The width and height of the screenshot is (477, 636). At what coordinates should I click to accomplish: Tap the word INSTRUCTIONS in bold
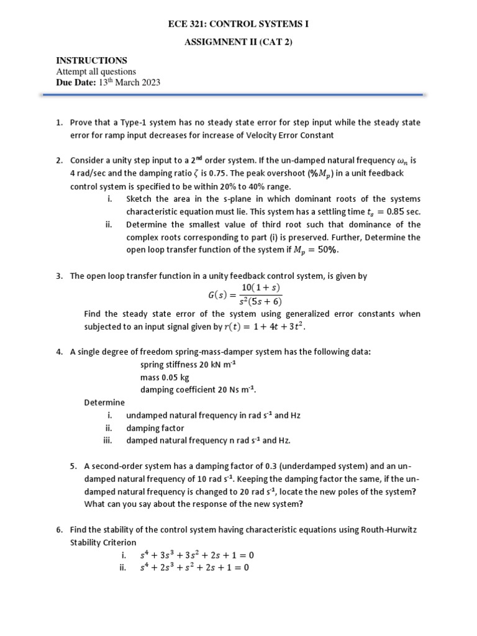(x=92, y=60)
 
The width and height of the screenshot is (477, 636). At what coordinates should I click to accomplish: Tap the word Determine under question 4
(x=104, y=402)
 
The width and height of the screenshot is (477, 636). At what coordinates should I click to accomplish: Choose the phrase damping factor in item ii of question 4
(x=155, y=428)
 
